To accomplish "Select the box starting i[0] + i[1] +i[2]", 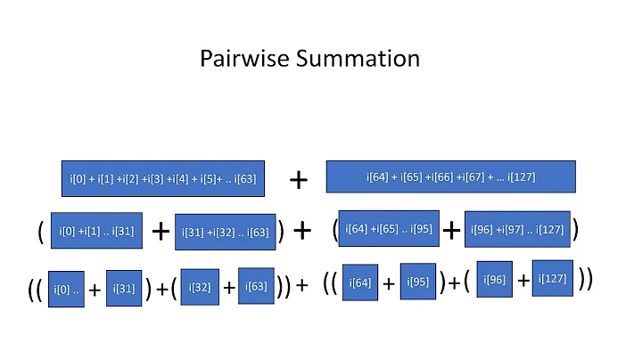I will pyautogui.click(x=162, y=178).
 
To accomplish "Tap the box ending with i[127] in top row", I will pyautogui.click(x=450, y=176).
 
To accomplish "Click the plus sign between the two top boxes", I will pyautogui.click(x=299, y=181).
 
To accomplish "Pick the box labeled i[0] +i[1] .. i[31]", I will pyautogui.click(x=97, y=232).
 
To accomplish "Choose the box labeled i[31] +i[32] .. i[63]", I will pyautogui.click(x=225, y=233).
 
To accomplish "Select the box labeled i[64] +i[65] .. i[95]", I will pyautogui.click(x=389, y=229).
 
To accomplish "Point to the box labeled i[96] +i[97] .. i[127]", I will pyautogui.click(x=516, y=229).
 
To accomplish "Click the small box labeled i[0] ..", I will pyautogui.click(x=66, y=289).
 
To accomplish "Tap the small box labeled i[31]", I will pyautogui.click(x=123, y=287).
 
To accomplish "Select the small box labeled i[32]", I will pyautogui.click(x=200, y=287).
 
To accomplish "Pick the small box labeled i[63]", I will pyautogui.click(x=256, y=286).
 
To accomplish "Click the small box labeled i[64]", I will pyautogui.click(x=360, y=282).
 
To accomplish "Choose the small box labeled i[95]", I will pyautogui.click(x=417, y=282).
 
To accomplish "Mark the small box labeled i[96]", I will pyautogui.click(x=495, y=280).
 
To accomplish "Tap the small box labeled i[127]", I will pyautogui.click(x=552, y=277).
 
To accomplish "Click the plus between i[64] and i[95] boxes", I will pyautogui.click(x=389, y=283).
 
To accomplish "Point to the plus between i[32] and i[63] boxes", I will pyautogui.click(x=229, y=287).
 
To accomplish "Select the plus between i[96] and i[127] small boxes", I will pyautogui.click(x=523, y=281).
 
